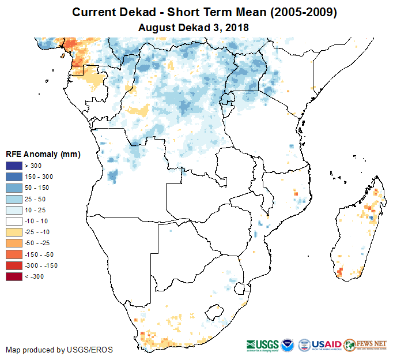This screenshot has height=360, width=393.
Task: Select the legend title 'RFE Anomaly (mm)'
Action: click(x=43, y=154)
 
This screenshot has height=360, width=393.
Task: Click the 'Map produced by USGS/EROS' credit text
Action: click(x=59, y=350)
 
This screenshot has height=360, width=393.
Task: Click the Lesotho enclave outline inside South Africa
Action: click(x=217, y=310)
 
